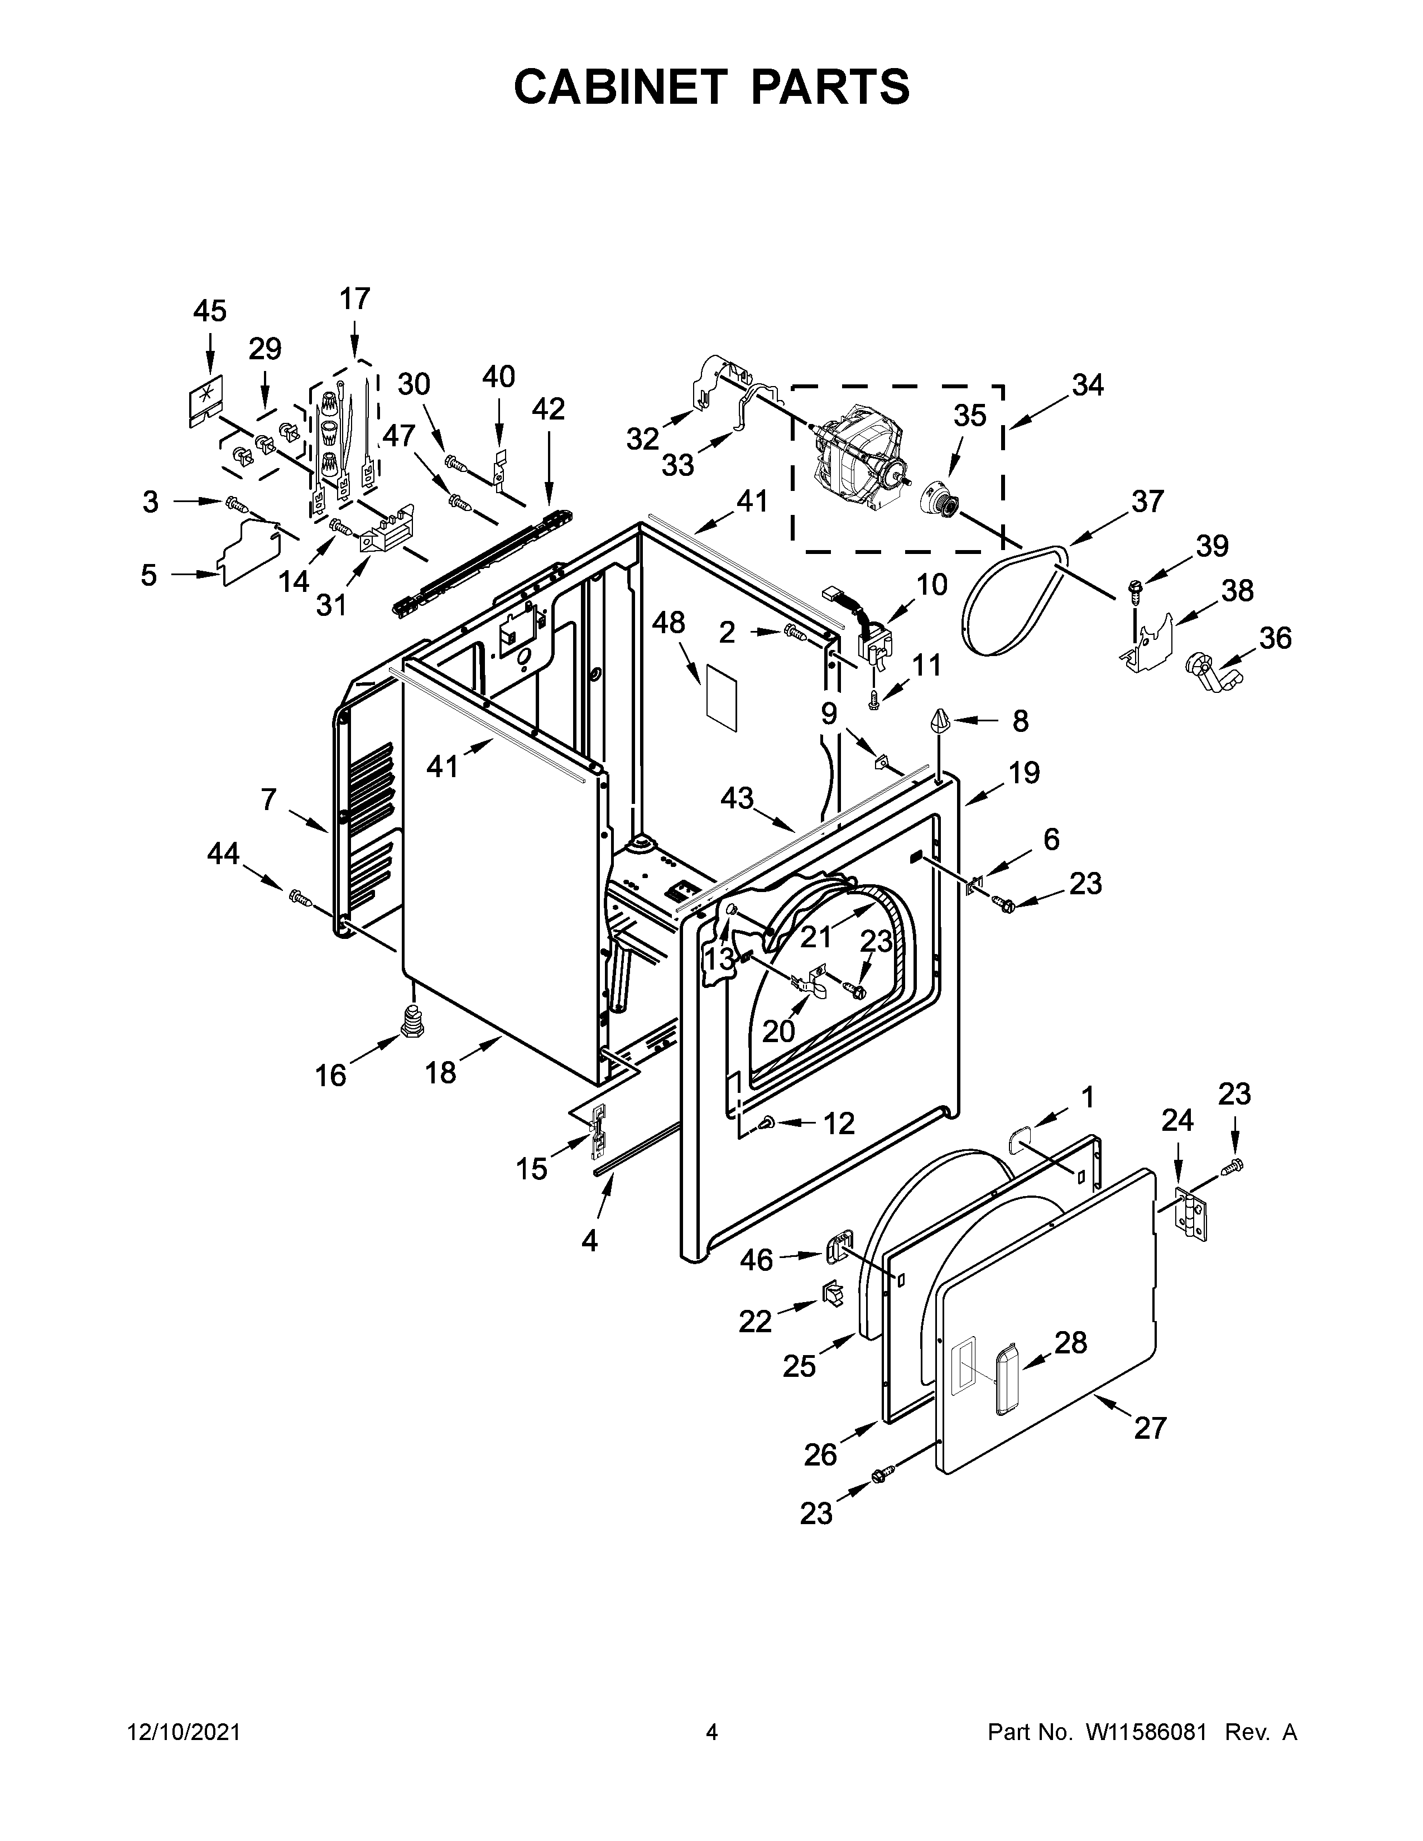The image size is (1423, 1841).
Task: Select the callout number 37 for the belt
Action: click(x=1147, y=502)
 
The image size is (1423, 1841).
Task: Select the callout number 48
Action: click(x=669, y=623)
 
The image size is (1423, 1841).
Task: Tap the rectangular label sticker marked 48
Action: click(x=721, y=696)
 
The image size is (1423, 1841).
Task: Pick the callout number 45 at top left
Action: click(x=209, y=311)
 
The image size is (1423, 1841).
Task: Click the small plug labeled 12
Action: click(x=769, y=1121)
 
